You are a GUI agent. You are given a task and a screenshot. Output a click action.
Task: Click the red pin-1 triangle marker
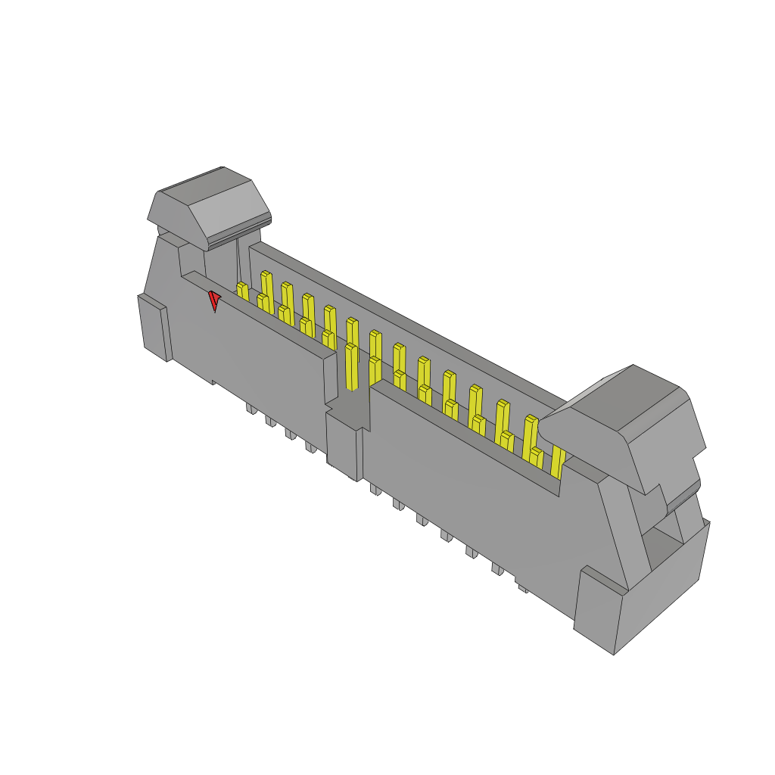tap(214, 300)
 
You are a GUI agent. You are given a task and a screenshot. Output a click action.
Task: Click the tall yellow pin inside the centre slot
tap(351, 366)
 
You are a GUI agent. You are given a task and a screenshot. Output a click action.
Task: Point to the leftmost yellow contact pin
tap(242, 291)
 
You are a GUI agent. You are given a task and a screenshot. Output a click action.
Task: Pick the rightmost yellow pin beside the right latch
tap(558, 462)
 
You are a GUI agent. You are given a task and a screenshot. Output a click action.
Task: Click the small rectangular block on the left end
tap(154, 325)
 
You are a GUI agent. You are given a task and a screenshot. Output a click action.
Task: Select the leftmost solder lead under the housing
tap(251, 409)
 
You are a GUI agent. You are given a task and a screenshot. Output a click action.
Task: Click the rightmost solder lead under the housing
tap(522, 587)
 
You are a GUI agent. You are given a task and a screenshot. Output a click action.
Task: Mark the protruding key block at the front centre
tap(344, 447)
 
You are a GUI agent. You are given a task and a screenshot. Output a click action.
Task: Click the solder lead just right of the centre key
tap(375, 490)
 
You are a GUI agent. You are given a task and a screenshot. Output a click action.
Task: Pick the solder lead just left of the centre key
tap(311, 447)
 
